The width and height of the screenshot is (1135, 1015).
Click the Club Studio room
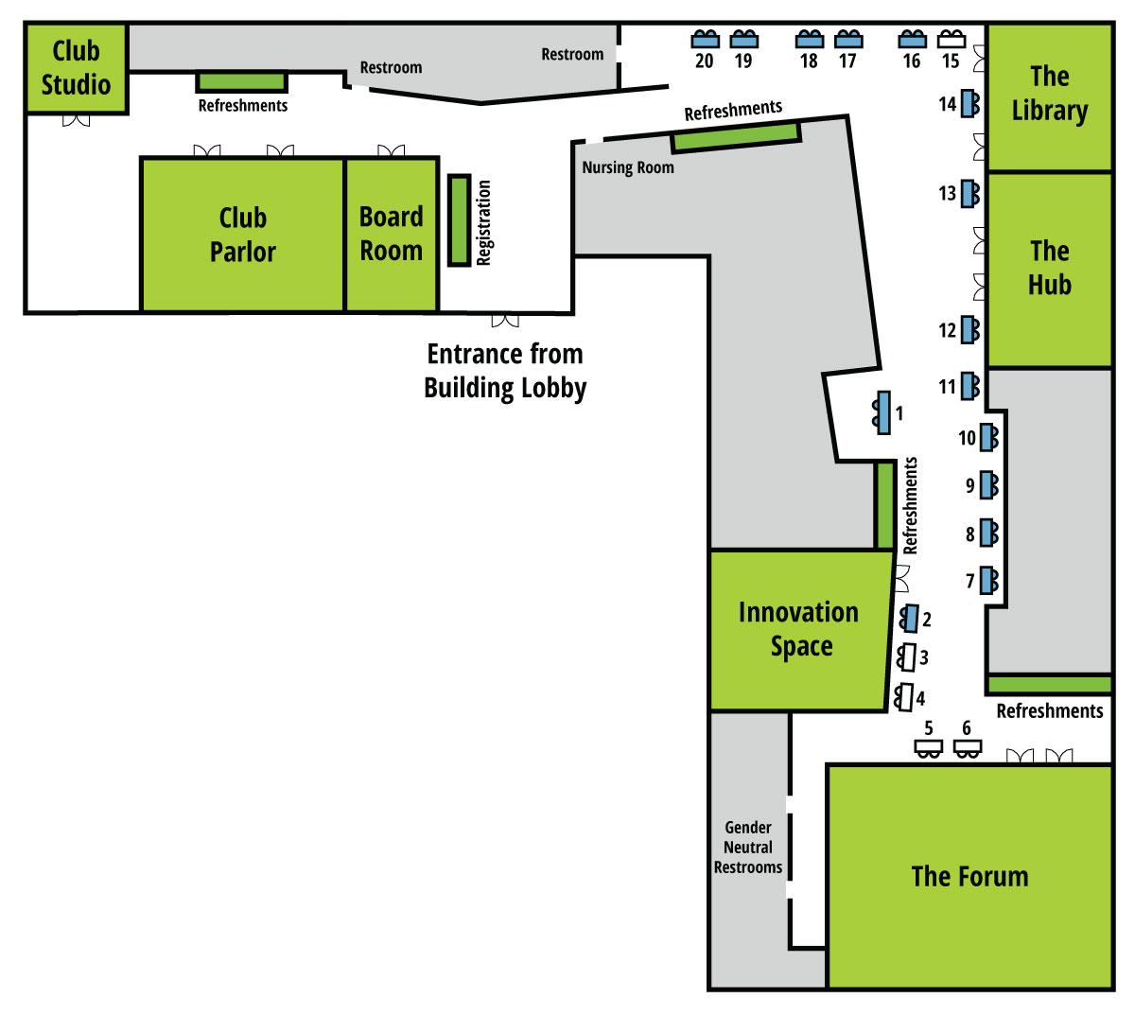[x=77, y=68]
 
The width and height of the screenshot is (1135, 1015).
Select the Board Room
[x=391, y=234]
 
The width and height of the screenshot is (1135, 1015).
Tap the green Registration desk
[x=459, y=220]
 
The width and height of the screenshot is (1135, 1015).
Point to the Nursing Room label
[x=627, y=167]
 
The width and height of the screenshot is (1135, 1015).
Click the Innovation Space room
[x=800, y=630]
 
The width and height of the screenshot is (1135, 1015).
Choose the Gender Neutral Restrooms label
[x=747, y=847]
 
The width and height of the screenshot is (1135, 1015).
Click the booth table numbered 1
[x=882, y=412]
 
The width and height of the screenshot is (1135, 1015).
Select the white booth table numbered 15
[x=951, y=39]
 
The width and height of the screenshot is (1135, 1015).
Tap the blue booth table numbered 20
[x=705, y=39]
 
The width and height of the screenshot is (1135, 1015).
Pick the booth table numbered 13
[x=970, y=194]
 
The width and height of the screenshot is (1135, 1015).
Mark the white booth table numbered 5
[x=928, y=749]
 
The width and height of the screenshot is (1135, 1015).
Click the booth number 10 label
[x=967, y=438]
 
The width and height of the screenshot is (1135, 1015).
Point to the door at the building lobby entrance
[x=505, y=321]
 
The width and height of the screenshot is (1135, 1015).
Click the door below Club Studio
[x=77, y=120]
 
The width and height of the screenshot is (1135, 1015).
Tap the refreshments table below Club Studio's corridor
[x=241, y=82]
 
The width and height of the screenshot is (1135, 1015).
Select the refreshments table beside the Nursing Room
[x=736, y=137]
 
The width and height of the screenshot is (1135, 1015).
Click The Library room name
[x=1049, y=93]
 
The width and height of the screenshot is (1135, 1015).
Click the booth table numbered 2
[x=909, y=619]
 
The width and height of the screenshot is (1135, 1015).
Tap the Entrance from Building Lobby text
[x=505, y=371]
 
